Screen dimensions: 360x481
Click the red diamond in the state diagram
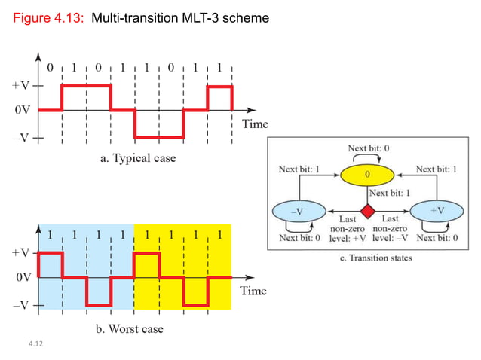coord(368,211)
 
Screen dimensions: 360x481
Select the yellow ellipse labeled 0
coord(368,175)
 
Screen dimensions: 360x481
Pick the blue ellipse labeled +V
coord(437,211)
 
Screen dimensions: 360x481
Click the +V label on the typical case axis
coord(20,86)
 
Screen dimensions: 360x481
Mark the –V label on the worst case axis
coord(20,305)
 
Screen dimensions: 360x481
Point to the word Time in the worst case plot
coord(254,290)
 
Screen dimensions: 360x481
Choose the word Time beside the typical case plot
coord(254,124)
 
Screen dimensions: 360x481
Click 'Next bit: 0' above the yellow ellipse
coord(368,148)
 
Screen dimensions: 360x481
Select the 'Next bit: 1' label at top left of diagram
coord(299,170)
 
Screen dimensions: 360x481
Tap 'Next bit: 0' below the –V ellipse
coord(299,238)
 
